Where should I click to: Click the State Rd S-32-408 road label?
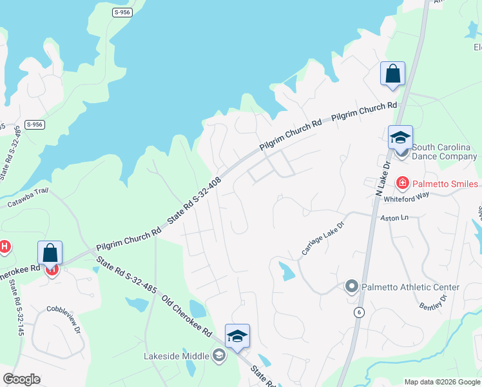[x=194, y=201]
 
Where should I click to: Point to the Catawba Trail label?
[x=28, y=197]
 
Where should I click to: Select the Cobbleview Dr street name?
[x=63, y=319]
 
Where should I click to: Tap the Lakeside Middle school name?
[x=177, y=356]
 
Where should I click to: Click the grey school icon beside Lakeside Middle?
[x=219, y=355]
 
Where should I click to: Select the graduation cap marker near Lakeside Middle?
[x=237, y=336]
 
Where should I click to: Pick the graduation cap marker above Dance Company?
[x=400, y=137]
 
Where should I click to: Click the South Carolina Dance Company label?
[x=445, y=152]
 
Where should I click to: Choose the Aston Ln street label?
[x=395, y=219]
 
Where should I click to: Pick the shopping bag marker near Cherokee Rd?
[x=50, y=253]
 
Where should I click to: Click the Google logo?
[x=21, y=379]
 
